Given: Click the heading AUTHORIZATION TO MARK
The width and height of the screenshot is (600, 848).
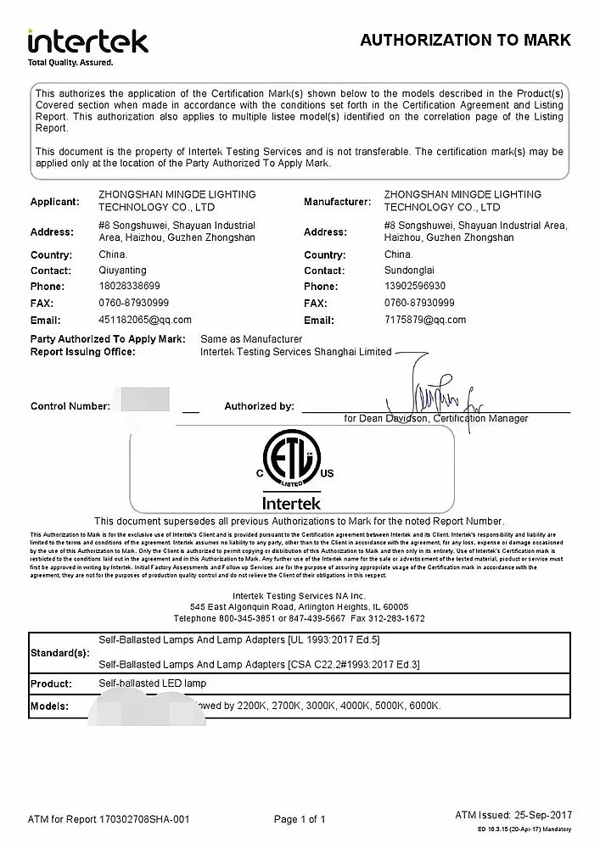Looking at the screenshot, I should coord(465,40).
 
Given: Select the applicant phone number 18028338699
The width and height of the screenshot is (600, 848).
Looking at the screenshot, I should coord(129,287).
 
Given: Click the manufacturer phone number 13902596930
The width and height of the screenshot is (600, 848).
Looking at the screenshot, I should coord(415,287).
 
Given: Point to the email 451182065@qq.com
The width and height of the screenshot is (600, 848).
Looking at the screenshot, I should coord(145,320).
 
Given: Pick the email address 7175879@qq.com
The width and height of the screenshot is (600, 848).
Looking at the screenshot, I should coord(425,320).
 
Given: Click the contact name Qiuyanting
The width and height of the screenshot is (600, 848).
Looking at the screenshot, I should coord(123,271).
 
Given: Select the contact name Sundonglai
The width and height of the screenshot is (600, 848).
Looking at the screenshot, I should coord(410,271).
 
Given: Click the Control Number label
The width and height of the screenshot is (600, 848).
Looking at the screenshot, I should coord(70,406).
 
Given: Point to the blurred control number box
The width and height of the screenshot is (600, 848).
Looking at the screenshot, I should coord(145,400).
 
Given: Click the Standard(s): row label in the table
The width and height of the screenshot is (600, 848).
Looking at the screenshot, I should coord(59,654).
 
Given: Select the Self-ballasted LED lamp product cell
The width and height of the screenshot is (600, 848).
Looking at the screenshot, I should coord(153,683).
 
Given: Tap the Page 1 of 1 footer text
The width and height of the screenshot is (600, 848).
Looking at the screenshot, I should coord(300,819).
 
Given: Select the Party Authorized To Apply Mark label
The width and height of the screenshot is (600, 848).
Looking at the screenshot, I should coord(108,338).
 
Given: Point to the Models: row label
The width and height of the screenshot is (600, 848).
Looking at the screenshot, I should coord(49,706).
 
